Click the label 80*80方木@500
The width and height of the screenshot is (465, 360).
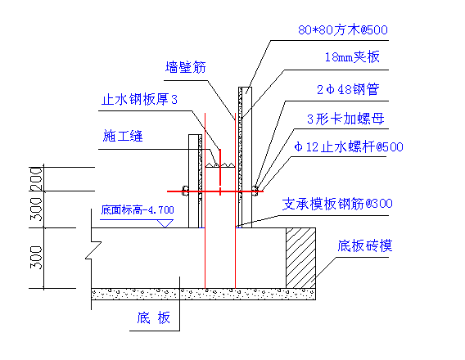(343, 30)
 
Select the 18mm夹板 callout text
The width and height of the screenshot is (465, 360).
(352, 57)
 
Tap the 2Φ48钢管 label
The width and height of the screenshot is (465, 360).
(348, 89)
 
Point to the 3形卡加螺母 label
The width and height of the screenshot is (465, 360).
(345, 119)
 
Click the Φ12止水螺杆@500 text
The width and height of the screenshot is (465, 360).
(349, 147)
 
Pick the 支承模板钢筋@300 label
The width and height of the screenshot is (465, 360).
(337, 204)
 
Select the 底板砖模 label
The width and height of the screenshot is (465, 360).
(365, 245)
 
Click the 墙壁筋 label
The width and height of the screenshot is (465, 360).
(186, 67)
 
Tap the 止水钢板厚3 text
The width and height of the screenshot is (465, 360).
(139, 99)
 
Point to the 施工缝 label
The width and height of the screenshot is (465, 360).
(123, 136)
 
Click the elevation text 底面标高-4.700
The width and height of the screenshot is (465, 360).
(138, 209)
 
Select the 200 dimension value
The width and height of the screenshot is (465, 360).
(36, 179)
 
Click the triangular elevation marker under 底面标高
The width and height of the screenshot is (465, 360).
(165, 223)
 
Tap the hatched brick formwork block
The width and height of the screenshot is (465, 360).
(300, 258)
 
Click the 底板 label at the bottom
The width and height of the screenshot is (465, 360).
(153, 318)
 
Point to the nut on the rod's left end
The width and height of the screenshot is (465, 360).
(185, 191)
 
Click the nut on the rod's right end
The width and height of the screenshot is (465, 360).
(255, 191)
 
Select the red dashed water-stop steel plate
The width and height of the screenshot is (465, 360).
(220, 172)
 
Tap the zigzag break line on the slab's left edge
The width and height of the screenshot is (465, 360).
(93, 250)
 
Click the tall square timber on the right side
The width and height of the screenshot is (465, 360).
(247, 157)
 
